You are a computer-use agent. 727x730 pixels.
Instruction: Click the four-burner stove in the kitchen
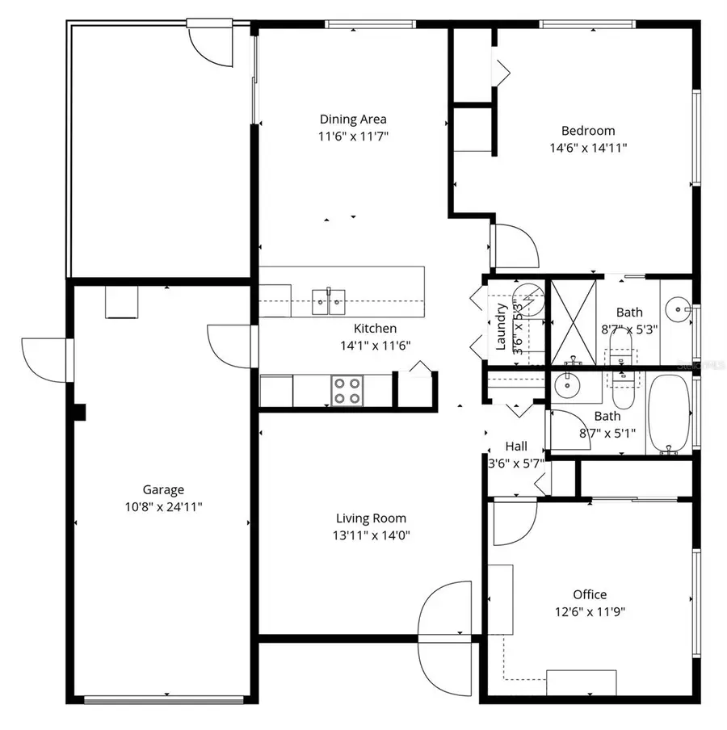pyautogui.click(x=347, y=391)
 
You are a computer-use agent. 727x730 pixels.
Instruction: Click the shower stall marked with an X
pyautogui.click(x=574, y=321)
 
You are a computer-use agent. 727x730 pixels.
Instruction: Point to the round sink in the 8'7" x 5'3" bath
pyautogui.click(x=677, y=308)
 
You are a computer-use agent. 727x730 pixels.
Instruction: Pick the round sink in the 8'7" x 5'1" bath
pyautogui.click(x=572, y=387)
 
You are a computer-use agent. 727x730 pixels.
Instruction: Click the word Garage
pyautogui.click(x=163, y=489)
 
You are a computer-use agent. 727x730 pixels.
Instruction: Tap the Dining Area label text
pyautogui.click(x=353, y=120)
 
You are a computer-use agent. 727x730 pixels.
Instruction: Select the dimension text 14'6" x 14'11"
pyautogui.click(x=588, y=148)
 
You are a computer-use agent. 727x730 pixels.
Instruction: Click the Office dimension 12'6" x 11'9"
pyautogui.click(x=589, y=611)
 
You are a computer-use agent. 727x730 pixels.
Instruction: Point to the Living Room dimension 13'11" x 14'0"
pyautogui.click(x=371, y=535)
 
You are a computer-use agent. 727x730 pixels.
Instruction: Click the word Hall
pyautogui.click(x=516, y=447)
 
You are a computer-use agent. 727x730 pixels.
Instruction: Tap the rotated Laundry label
pyautogui.click(x=501, y=327)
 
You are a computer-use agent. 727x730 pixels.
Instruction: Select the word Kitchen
pyautogui.click(x=375, y=329)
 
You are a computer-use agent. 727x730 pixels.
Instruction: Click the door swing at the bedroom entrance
pyautogui.click(x=514, y=245)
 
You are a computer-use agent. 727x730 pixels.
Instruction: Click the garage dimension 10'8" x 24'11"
pyautogui.click(x=163, y=507)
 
